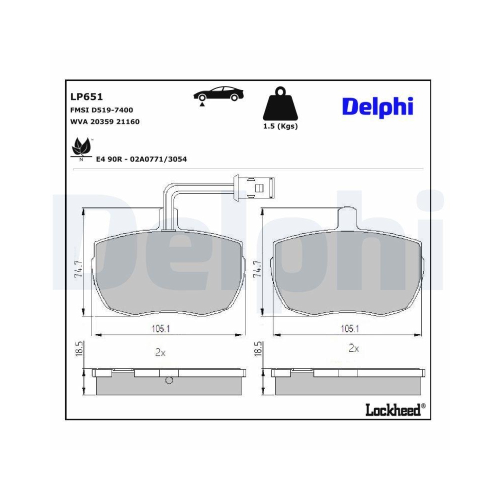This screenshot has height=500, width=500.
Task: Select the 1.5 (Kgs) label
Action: pos(280,126)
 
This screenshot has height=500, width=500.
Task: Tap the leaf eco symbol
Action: pos(80,147)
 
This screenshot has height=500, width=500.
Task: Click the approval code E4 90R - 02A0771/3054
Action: pos(141,159)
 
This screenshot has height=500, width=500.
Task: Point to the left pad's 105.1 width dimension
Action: pos(161,328)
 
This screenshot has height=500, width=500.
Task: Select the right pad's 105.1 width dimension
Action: pos(349,328)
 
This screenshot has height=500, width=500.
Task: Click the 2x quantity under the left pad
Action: pos(160,352)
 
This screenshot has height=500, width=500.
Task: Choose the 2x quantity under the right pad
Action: pos(353,348)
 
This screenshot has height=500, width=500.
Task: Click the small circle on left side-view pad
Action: pos(169,381)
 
